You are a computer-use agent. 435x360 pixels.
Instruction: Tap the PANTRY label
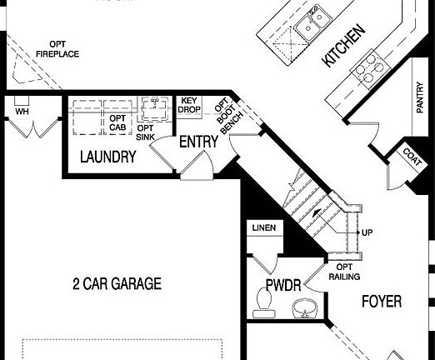(419, 97)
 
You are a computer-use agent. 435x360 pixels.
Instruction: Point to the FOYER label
(382, 302)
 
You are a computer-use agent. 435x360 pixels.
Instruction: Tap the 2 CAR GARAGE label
(116, 283)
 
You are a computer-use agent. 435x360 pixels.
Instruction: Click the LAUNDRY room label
(107, 157)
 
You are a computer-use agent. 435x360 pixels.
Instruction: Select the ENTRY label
(198, 142)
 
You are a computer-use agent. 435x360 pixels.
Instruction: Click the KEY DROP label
(191, 106)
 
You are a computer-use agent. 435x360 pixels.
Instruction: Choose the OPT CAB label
(117, 124)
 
